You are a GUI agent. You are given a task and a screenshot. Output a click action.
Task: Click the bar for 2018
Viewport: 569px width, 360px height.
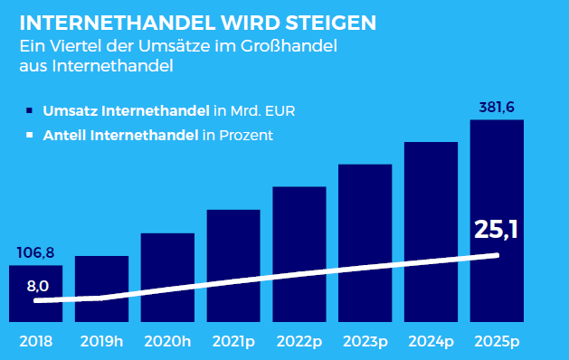[x=35, y=294]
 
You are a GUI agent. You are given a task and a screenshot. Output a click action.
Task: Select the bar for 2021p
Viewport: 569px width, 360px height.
[x=233, y=266]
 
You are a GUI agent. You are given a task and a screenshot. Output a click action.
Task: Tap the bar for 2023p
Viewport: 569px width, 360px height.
[x=365, y=243]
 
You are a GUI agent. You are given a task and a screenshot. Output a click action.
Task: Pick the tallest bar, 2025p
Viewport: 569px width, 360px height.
[x=497, y=221]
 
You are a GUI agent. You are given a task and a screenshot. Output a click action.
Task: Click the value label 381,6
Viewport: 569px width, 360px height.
[x=497, y=108]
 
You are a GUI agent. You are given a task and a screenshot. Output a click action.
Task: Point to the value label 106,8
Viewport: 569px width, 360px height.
[x=35, y=252]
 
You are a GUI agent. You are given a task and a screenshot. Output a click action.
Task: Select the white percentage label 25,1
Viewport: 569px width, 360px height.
[x=496, y=230]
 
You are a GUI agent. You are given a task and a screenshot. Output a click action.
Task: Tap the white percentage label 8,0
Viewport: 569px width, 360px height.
[x=38, y=286]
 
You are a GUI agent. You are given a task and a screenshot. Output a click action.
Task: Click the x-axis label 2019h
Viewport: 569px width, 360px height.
[x=101, y=342]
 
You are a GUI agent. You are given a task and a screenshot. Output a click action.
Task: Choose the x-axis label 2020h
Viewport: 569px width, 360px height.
[x=167, y=342]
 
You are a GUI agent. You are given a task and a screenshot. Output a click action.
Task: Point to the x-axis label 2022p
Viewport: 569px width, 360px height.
[x=299, y=342]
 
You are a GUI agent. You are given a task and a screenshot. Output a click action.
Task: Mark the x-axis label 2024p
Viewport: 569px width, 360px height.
[x=431, y=342]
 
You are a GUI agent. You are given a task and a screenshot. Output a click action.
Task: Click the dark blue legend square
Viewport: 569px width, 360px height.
[x=29, y=110]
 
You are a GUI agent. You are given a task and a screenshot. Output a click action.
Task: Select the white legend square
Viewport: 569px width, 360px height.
[x=29, y=135]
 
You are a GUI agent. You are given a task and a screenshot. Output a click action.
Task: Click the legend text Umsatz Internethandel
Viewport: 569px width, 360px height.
[x=127, y=110]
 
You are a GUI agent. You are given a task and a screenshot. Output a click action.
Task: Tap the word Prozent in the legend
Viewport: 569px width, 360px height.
[x=246, y=136]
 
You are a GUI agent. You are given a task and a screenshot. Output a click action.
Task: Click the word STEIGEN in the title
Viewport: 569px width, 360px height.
[x=331, y=23]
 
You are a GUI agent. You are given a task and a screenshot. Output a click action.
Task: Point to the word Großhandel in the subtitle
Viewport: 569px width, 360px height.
[x=289, y=46]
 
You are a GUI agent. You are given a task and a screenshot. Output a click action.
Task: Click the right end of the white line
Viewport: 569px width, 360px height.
[x=498, y=255]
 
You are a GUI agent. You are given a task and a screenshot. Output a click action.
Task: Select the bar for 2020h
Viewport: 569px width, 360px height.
[x=167, y=278]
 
